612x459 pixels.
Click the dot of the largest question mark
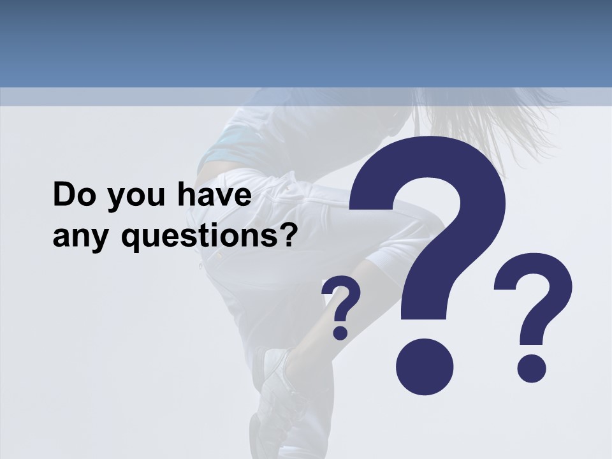click(425, 367)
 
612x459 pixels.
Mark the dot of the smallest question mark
click(340, 332)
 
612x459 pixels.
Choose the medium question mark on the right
click(533, 312)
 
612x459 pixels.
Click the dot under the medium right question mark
click(531, 368)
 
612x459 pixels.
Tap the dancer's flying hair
click(472, 121)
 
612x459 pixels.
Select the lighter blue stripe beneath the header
click(306, 96)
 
